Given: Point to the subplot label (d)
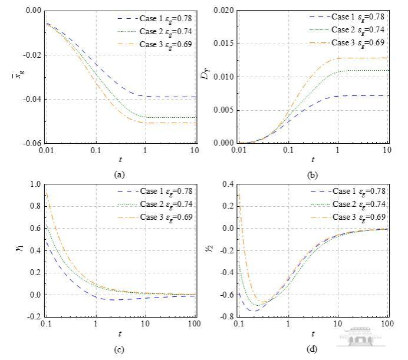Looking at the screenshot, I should [x=312, y=348].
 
